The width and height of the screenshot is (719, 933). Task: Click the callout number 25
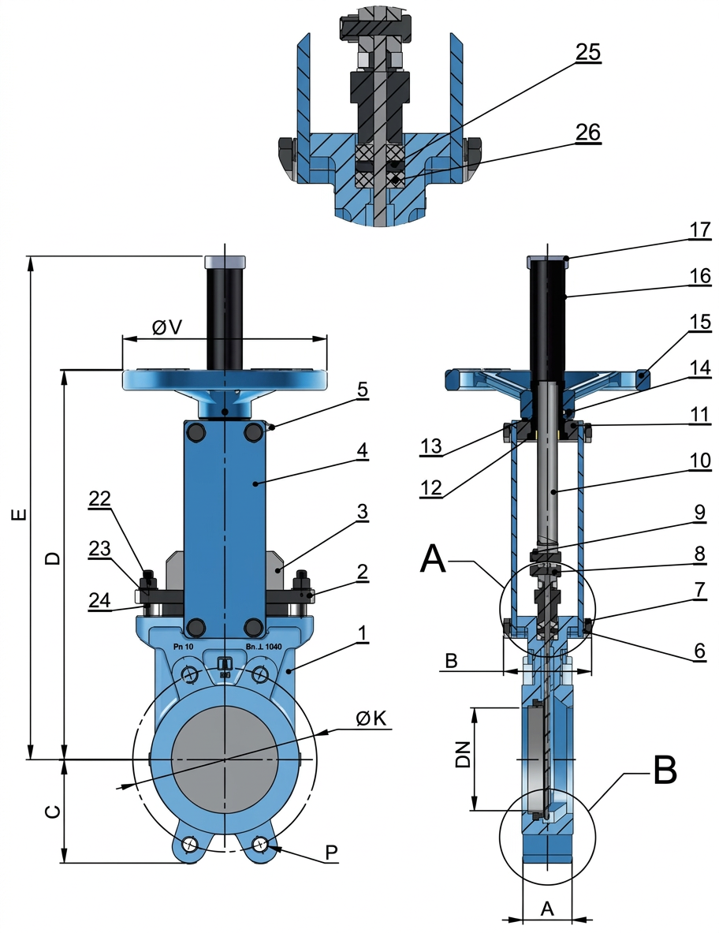(x=587, y=53)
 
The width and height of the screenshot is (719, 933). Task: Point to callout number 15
(x=699, y=323)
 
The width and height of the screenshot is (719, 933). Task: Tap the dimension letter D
(x=52, y=559)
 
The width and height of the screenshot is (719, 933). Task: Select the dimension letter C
(x=50, y=812)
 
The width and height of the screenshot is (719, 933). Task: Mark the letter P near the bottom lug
(x=332, y=853)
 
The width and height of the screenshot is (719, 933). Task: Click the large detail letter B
(x=665, y=771)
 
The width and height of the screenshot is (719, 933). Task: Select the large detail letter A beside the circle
(x=434, y=558)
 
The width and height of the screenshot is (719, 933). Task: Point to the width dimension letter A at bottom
(x=547, y=909)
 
